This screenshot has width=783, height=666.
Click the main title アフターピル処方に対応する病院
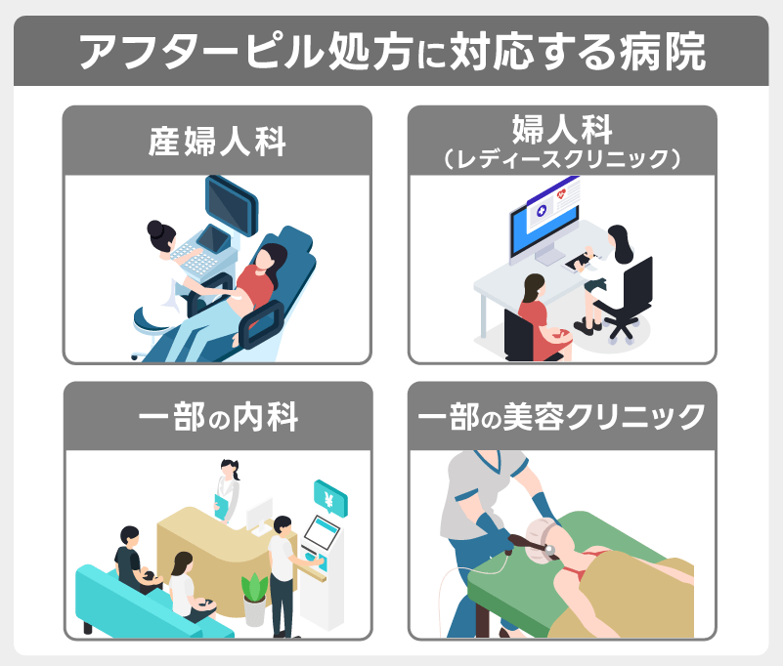[392, 52]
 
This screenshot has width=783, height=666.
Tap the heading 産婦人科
[217, 142]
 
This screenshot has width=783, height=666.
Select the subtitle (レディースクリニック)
[562, 159]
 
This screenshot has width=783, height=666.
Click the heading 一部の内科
[218, 417]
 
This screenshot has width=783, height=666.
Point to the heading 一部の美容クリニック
[562, 417]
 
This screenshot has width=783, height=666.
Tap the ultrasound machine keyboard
[196, 259]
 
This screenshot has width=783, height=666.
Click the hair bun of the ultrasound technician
[154, 229]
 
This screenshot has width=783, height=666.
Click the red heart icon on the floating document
[561, 194]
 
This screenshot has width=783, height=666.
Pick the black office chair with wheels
[624, 300]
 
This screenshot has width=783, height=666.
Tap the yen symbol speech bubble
[330, 497]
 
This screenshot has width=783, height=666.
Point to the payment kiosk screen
[322, 532]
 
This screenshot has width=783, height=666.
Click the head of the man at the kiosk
[283, 524]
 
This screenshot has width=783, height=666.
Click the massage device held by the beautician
[533, 545]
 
